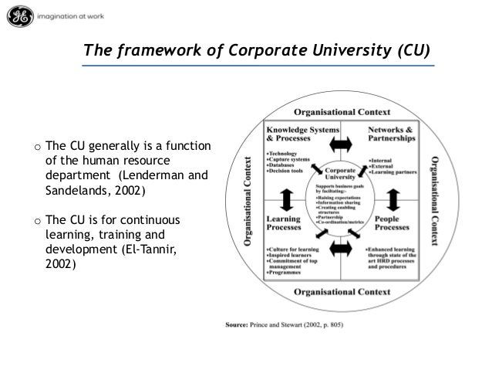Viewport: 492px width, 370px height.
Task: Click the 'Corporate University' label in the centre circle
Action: (x=342, y=173)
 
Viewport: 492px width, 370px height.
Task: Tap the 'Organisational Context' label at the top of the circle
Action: (x=342, y=110)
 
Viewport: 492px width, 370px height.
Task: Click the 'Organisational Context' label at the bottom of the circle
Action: (x=342, y=293)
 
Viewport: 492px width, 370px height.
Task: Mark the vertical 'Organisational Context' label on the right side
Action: (x=435, y=201)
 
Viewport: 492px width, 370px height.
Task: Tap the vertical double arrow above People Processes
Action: (x=393, y=200)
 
